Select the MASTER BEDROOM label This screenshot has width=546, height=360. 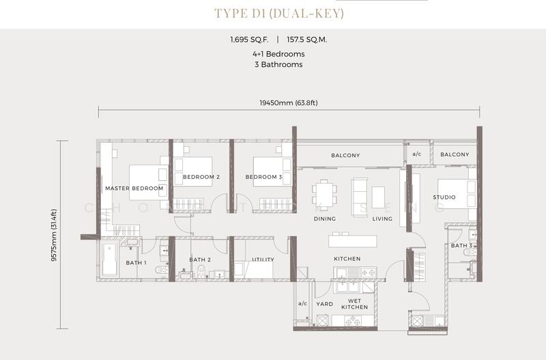point(134,188)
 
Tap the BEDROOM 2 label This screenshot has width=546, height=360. point(201,177)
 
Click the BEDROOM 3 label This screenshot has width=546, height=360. point(263,177)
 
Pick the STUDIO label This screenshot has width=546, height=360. point(444,197)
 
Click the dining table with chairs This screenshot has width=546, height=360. point(324,192)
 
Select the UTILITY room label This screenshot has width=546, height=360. point(263,260)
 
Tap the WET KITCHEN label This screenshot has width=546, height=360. point(354,304)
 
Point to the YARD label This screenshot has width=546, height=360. point(324,304)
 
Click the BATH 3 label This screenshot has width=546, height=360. point(461,245)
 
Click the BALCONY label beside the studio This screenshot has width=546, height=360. point(455,155)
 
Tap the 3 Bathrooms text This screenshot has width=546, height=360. point(276,65)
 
